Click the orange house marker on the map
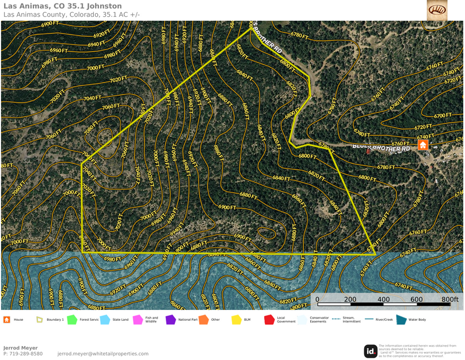tap(423, 145)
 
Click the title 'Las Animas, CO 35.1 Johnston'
tap(62, 6)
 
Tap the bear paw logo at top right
tap(437, 10)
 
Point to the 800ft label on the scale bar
tap(450, 300)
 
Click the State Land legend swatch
tap(105, 320)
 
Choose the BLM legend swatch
tap(236, 320)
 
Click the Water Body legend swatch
tap(401, 320)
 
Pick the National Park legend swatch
tap(170, 320)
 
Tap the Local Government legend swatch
tap(269, 320)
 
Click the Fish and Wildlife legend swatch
tap(138, 320)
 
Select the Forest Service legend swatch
tap(72, 320)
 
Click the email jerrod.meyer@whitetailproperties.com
tap(103, 354)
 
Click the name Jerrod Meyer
tap(20, 348)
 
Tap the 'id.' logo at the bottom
tap(371, 351)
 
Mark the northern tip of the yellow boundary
tap(251, 29)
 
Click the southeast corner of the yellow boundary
tap(375, 254)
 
